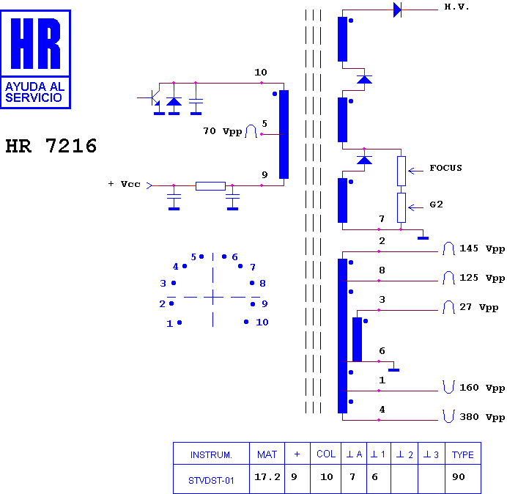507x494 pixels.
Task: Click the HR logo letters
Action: [x=36, y=43]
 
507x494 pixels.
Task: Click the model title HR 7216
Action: [x=51, y=146]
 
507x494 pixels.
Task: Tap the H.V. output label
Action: [x=456, y=7]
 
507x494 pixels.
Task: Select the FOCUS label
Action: [x=445, y=168]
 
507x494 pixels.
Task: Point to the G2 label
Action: [x=436, y=204]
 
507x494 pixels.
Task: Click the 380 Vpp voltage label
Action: [x=482, y=417]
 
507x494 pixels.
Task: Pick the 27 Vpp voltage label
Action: [x=479, y=307]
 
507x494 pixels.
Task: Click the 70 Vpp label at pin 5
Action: [x=223, y=131]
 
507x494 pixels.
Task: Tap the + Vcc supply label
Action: [x=124, y=184]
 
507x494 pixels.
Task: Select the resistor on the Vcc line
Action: [x=210, y=186]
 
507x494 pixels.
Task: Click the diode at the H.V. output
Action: [x=397, y=10]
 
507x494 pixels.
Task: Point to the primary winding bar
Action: [x=284, y=134]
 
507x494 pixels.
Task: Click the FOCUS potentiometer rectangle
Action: [x=401, y=171]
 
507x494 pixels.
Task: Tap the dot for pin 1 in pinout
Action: [x=180, y=322]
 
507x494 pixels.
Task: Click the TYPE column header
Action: [x=463, y=454]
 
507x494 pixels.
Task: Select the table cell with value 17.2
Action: [x=267, y=477]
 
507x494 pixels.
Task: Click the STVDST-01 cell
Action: [x=211, y=481]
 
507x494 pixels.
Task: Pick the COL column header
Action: [x=326, y=454]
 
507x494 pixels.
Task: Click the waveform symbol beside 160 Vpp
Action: [x=448, y=387]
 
